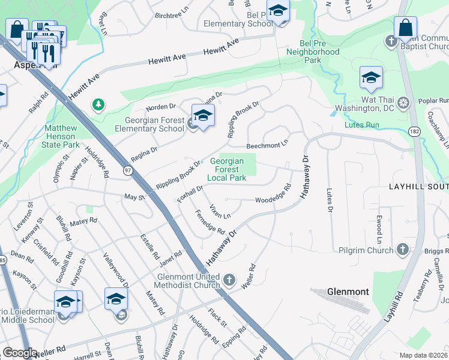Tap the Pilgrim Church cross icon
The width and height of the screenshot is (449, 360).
[403, 249]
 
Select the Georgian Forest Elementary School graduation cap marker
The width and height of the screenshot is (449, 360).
[203, 116]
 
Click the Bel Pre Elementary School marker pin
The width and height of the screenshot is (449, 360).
[278, 10]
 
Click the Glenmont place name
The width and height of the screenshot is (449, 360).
[348, 292]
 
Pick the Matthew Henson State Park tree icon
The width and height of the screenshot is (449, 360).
[97, 105]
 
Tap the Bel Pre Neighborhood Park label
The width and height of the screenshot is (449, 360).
[320, 56]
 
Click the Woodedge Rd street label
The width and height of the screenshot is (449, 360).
[273, 196]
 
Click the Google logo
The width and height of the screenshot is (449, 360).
[19, 353]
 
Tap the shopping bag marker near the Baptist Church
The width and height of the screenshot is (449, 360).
[406, 28]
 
